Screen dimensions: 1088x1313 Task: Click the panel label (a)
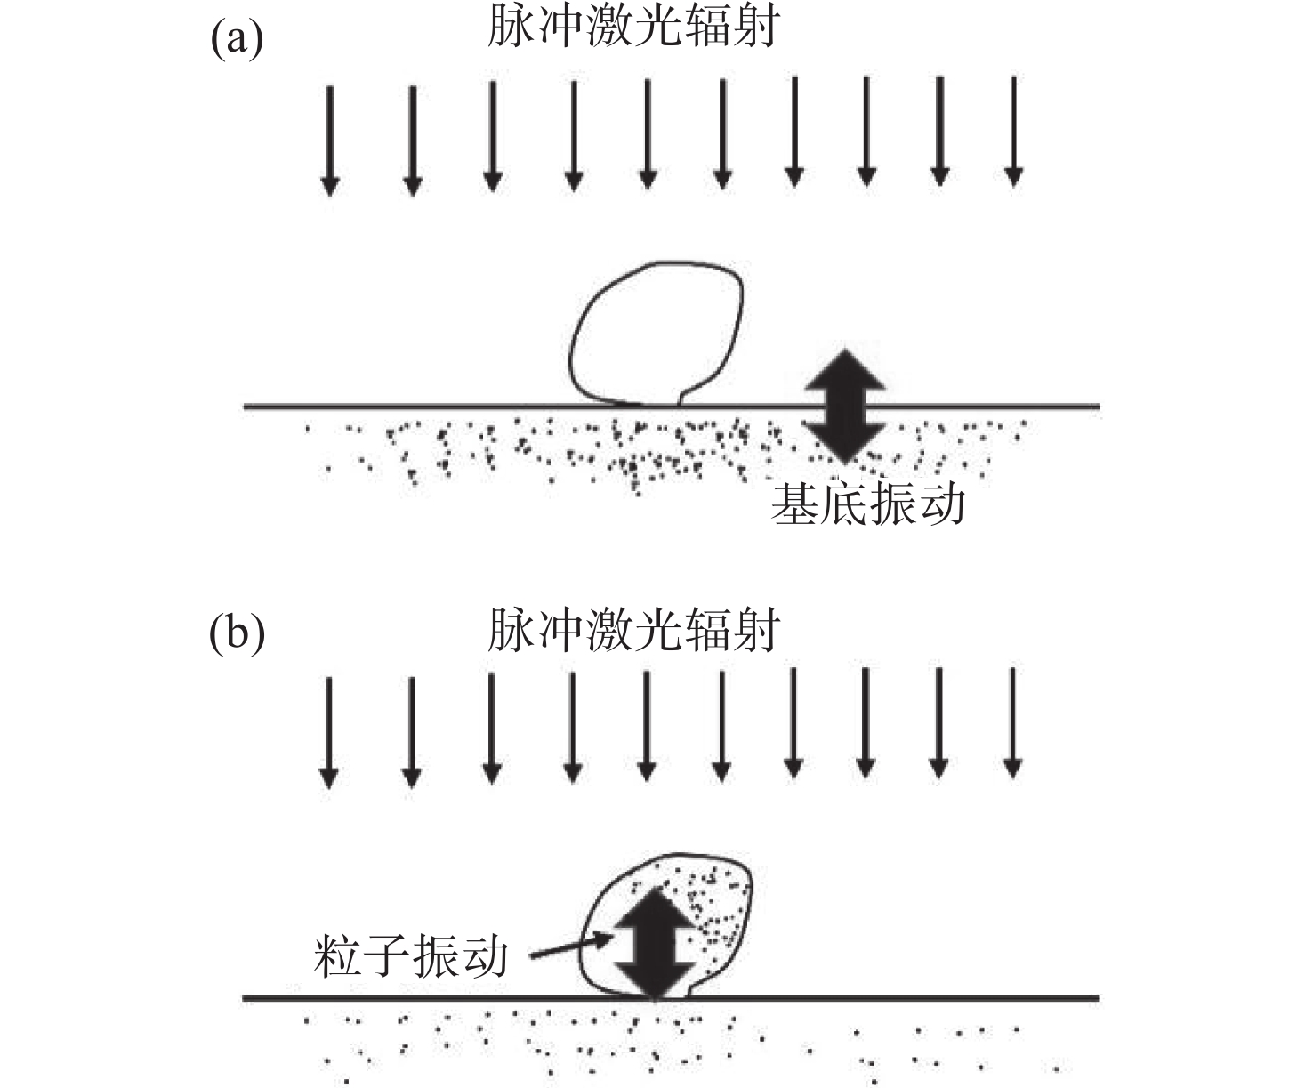click(237, 40)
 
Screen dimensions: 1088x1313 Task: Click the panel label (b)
click(237, 634)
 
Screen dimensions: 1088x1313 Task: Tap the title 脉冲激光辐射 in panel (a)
click(633, 27)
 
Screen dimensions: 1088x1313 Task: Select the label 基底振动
click(867, 504)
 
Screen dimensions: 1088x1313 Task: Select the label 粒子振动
click(411, 957)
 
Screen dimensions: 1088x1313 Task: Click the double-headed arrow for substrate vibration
click(844, 406)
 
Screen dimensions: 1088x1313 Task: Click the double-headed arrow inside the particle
click(656, 942)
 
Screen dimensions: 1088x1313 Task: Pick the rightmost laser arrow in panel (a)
click(1013, 132)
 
